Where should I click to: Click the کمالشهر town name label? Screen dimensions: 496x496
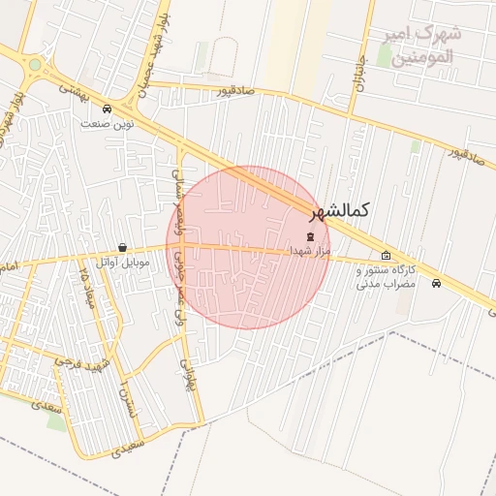coord(340,209)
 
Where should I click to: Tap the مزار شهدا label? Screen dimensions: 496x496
coord(310,250)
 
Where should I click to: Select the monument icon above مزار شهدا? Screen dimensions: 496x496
coord(310,236)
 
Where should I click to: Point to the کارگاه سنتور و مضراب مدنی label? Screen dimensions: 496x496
coord(386,277)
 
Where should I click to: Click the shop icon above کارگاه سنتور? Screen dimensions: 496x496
coord(386,257)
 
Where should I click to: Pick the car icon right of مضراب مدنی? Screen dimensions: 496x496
coord(437,284)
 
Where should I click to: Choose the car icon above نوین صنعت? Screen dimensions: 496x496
coord(107,108)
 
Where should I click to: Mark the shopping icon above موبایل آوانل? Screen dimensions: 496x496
coord(122,248)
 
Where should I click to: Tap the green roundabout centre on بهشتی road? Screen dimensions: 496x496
coord(36,65)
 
